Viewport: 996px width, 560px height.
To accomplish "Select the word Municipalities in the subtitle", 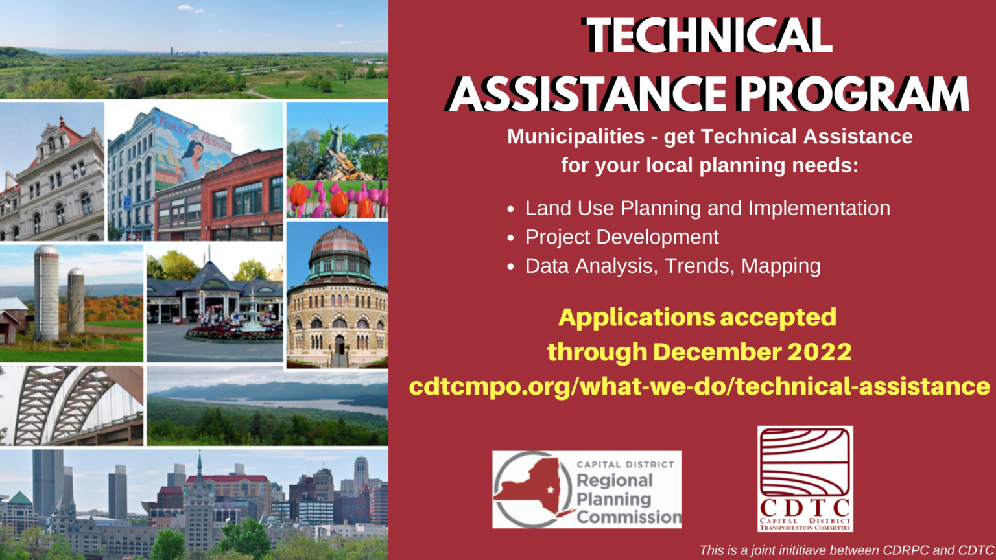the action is click(x=576, y=137).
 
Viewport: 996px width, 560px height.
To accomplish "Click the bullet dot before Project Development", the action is click(x=510, y=238).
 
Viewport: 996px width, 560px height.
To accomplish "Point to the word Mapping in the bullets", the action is click(x=781, y=266).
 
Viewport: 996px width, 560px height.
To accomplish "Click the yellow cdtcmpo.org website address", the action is click(x=700, y=386).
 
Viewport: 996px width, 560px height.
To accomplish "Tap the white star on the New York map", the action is click(x=551, y=490).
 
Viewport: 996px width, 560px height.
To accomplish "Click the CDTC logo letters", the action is click(x=805, y=508).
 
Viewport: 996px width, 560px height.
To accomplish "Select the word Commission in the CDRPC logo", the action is click(x=629, y=517).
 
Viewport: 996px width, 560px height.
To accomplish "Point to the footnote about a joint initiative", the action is click(x=847, y=550).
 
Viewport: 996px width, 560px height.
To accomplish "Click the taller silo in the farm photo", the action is click(x=46, y=293).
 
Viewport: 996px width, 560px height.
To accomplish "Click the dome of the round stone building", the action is click(x=339, y=245).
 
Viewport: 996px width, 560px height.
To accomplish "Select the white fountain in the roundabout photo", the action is click(x=252, y=311).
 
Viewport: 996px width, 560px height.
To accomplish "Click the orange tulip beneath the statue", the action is click(x=339, y=203).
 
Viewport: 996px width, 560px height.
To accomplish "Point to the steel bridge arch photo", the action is click(x=71, y=405).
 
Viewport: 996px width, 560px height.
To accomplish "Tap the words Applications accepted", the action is click(x=697, y=318).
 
